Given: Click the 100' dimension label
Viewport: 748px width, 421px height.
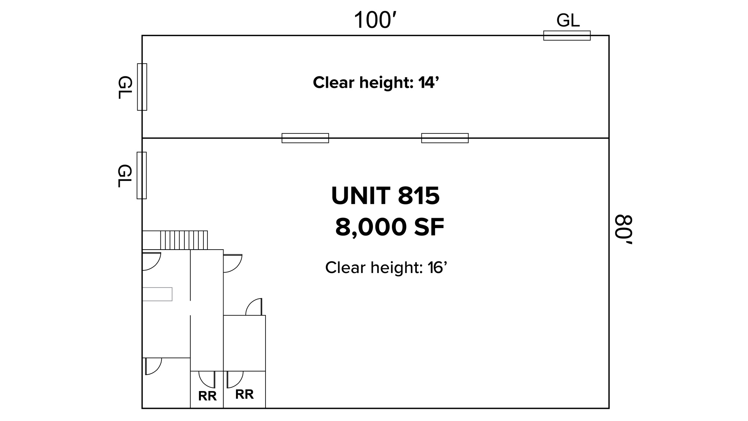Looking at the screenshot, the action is pyautogui.click(x=375, y=20).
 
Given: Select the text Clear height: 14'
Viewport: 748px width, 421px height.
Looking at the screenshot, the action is pyautogui.click(x=375, y=83).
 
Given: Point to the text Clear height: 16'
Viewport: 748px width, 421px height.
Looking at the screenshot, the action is pyautogui.click(x=386, y=268).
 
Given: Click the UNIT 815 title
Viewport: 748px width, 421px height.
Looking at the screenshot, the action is pyautogui.click(x=385, y=196).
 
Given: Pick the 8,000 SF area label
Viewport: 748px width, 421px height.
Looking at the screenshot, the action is pyautogui.click(x=390, y=227).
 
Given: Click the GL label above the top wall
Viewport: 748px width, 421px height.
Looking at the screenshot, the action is pyautogui.click(x=568, y=20).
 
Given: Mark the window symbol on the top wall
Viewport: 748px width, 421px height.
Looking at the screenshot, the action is pyautogui.click(x=567, y=35).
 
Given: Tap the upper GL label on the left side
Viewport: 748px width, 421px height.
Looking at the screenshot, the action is pyautogui.click(x=125, y=87).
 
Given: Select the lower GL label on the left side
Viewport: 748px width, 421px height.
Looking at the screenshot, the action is pyautogui.click(x=125, y=176).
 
